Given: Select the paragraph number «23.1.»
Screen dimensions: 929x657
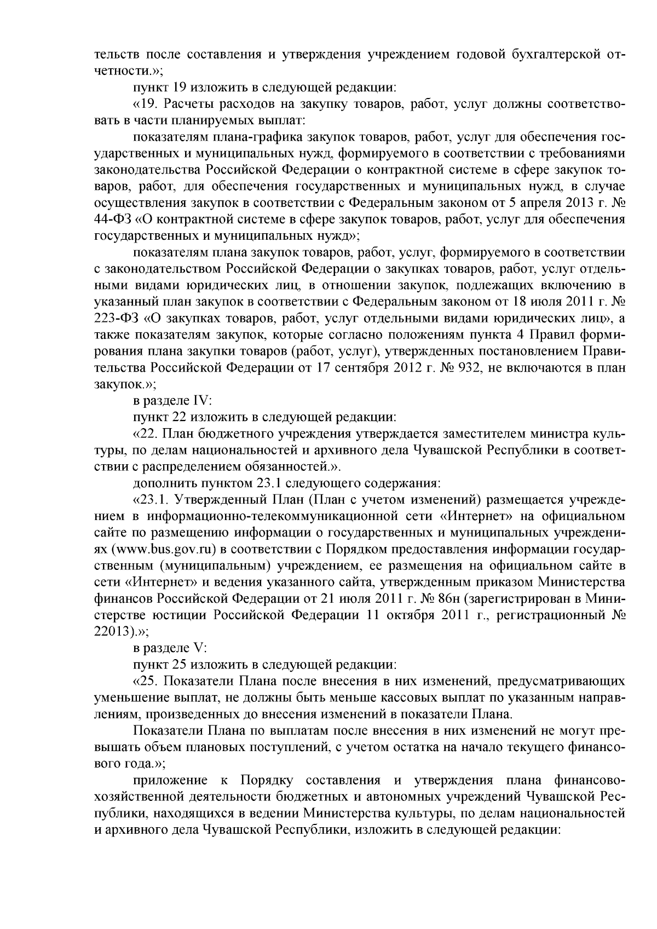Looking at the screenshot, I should pyautogui.click(x=151, y=499).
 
